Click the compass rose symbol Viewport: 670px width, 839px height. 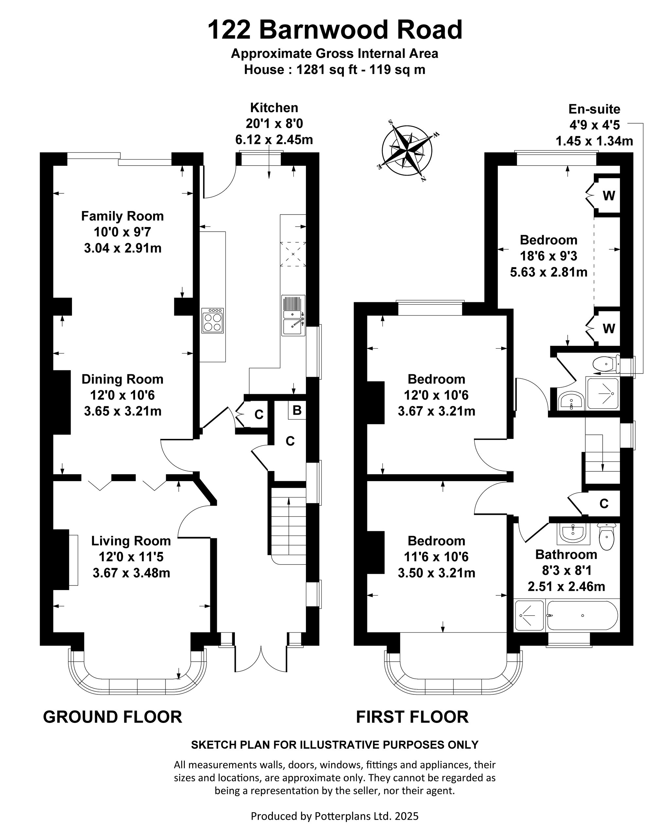point(407,150)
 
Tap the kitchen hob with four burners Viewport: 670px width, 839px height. point(213,320)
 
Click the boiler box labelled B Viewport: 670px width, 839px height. point(297,410)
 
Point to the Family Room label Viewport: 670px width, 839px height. point(122,216)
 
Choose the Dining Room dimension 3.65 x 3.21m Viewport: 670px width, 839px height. point(123,411)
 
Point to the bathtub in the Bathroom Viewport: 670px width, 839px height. point(582,615)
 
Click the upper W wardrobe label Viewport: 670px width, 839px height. point(608,195)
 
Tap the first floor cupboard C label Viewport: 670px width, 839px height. point(604,503)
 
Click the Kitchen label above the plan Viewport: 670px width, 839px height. point(274,107)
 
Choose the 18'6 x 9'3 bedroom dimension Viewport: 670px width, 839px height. point(549,256)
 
